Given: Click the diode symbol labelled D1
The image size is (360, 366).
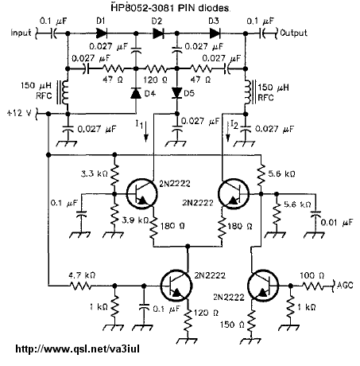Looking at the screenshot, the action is [x=102, y=33].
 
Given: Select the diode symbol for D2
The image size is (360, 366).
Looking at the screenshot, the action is [x=158, y=33].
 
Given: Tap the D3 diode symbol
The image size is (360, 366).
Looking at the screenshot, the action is [x=215, y=33].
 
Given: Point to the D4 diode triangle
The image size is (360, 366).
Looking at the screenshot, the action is [x=136, y=93].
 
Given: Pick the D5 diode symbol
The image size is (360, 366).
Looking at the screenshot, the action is [x=176, y=93].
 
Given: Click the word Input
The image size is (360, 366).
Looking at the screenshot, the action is [x=21, y=33].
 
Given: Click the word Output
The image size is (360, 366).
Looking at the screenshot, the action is [x=293, y=33].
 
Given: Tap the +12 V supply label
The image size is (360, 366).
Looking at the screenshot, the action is [x=19, y=113].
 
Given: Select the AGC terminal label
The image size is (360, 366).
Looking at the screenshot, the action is [x=345, y=285].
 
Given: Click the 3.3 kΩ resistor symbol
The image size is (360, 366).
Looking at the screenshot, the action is [x=114, y=176].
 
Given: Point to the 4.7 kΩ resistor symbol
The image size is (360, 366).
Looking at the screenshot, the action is [x=80, y=286].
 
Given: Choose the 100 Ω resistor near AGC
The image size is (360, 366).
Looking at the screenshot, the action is [x=312, y=286].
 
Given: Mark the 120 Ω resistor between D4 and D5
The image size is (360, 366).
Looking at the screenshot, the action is [x=157, y=69].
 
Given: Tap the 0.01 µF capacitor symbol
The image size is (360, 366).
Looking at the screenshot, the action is [x=315, y=213].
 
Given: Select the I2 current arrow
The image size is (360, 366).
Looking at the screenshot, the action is [x=228, y=131].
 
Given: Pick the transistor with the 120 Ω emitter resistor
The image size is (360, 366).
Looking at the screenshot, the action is [x=176, y=286].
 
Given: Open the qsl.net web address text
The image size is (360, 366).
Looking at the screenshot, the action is [x=77, y=348].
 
